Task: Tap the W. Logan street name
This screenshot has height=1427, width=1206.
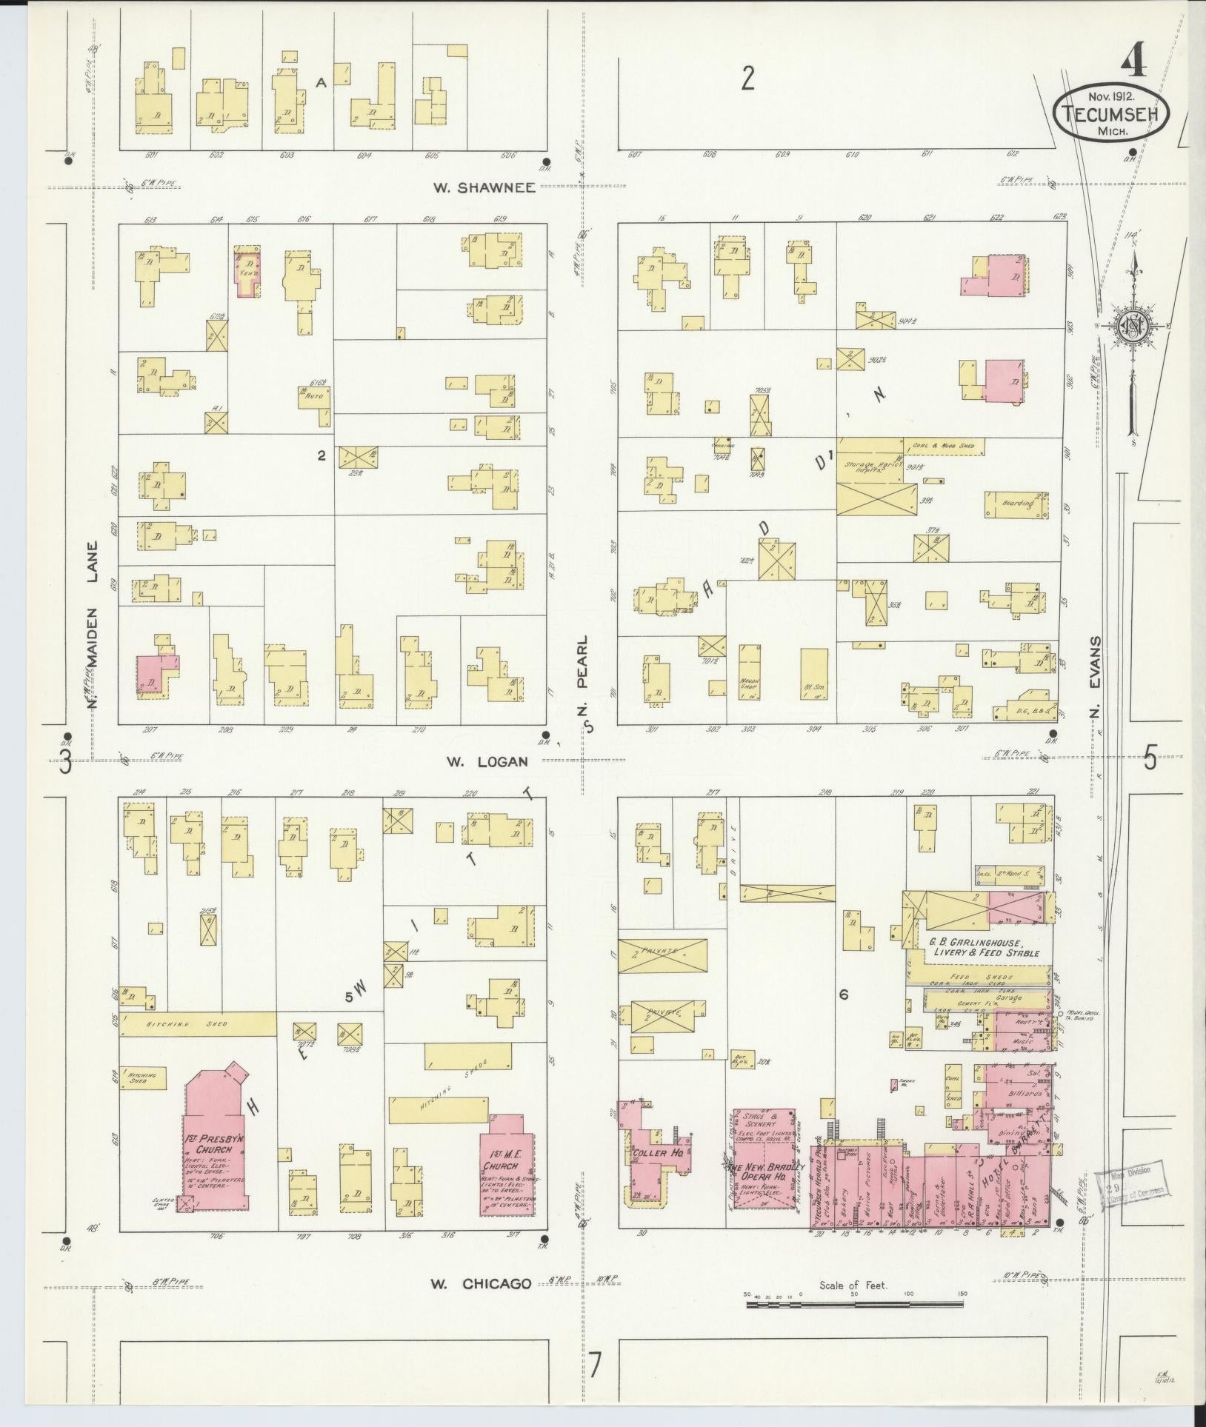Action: [x=487, y=761]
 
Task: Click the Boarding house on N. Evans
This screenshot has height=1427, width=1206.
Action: [x=1017, y=504]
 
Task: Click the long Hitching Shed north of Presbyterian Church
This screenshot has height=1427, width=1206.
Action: [x=198, y=1024]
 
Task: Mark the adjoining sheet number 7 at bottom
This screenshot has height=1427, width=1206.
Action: [x=595, y=1363]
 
